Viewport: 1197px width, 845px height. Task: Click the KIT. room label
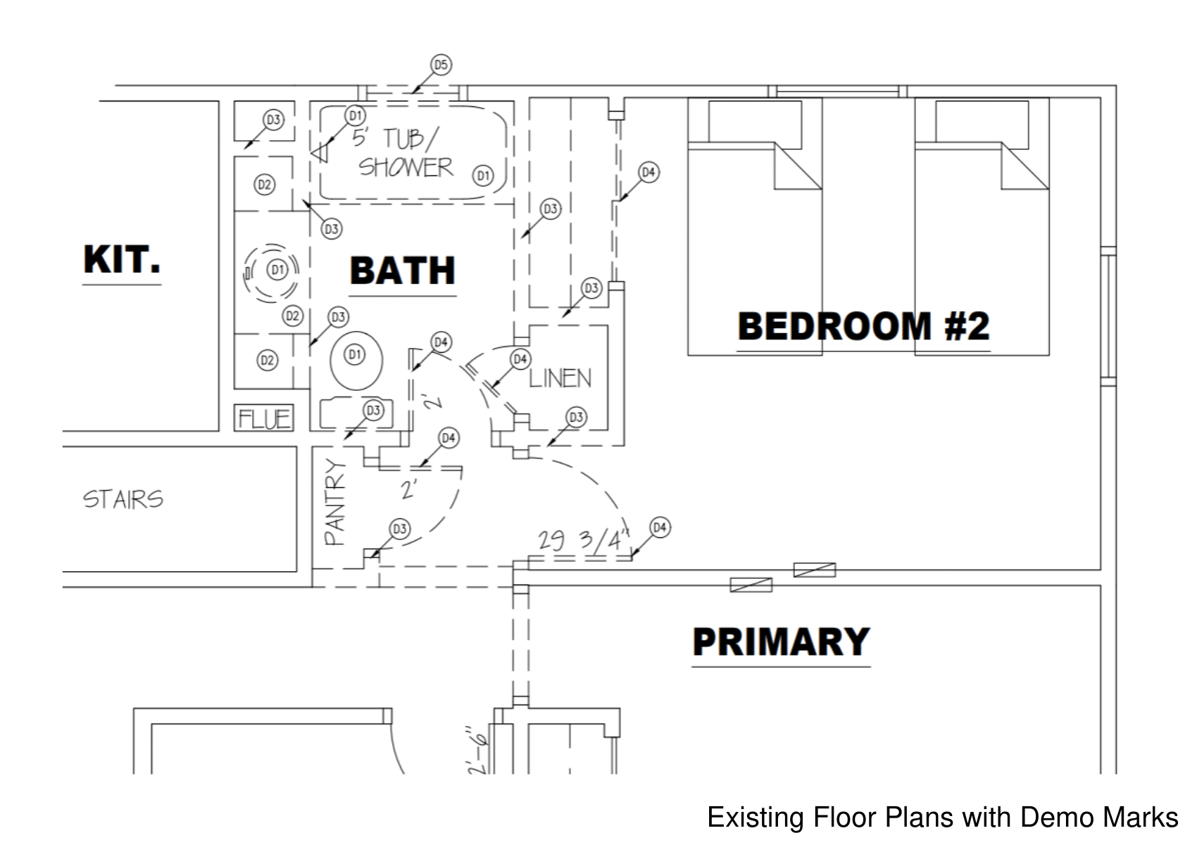121,260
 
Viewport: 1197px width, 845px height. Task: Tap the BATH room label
402,271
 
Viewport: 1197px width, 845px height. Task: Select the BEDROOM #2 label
863,326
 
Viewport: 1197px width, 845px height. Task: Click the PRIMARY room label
781,641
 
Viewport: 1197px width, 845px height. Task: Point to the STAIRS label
123,499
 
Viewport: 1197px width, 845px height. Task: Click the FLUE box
264,418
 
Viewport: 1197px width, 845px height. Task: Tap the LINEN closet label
560,379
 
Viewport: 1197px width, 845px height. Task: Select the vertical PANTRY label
335,502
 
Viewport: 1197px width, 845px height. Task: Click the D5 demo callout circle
441,65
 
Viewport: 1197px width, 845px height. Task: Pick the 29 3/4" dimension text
582,540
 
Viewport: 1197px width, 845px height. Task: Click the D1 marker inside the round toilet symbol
277,270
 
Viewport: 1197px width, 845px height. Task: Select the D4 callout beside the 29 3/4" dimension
660,527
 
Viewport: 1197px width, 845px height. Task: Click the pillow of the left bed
755,124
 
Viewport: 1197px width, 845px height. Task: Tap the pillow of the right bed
982,124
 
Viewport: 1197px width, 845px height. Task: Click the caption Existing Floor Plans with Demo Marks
942,818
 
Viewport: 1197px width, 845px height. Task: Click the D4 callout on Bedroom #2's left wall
648,173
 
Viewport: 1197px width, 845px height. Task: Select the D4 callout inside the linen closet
520,360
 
